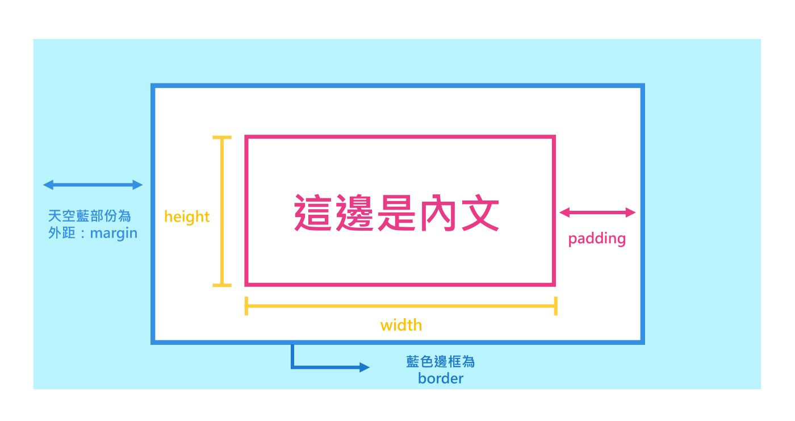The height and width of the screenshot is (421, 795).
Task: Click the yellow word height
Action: [187, 216]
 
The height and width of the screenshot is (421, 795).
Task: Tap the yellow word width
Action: [401, 326]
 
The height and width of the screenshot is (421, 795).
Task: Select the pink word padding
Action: [597, 238]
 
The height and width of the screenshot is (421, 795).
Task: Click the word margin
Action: [114, 233]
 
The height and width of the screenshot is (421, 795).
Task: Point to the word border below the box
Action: [441, 378]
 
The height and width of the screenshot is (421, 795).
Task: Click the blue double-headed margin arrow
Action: [93, 185]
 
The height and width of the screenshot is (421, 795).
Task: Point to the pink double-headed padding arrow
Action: [597, 213]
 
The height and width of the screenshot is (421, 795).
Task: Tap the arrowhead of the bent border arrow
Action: [364, 368]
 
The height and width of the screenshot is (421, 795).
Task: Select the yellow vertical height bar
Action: [221, 211]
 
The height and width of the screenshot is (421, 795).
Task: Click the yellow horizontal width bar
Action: [400, 306]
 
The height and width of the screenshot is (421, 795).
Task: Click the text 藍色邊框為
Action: [441, 362]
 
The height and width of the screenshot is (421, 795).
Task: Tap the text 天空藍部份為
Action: [90, 216]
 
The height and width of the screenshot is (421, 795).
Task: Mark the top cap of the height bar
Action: [221, 137]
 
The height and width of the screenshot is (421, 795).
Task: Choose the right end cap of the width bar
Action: [555, 306]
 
